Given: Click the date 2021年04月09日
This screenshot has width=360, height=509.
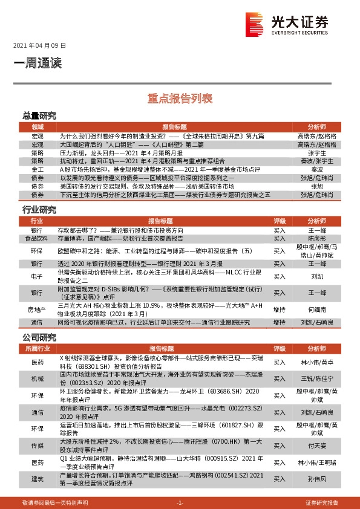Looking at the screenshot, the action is (x=39, y=45).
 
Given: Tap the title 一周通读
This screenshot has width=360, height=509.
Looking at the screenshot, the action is (x=38, y=62).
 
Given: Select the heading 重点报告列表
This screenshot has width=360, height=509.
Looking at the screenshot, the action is (x=180, y=97).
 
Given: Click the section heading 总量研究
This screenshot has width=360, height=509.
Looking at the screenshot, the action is (x=39, y=115).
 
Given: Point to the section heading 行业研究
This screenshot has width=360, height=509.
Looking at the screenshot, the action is (x=39, y=210).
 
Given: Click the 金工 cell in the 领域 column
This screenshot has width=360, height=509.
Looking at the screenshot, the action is (x=38, y=170).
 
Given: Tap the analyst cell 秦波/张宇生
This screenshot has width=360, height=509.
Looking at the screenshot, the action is (x=316, y=162).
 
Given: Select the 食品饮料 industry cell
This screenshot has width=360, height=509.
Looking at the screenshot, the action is (x=38, y=239).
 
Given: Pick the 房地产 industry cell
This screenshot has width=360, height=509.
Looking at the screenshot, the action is (x=38, y=309).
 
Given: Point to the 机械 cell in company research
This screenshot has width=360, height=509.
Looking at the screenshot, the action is (x=38, y=379).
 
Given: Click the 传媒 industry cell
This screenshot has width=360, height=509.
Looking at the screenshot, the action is (x=38, y=445).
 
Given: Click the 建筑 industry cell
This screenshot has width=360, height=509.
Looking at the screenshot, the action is (x=38, y=479).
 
